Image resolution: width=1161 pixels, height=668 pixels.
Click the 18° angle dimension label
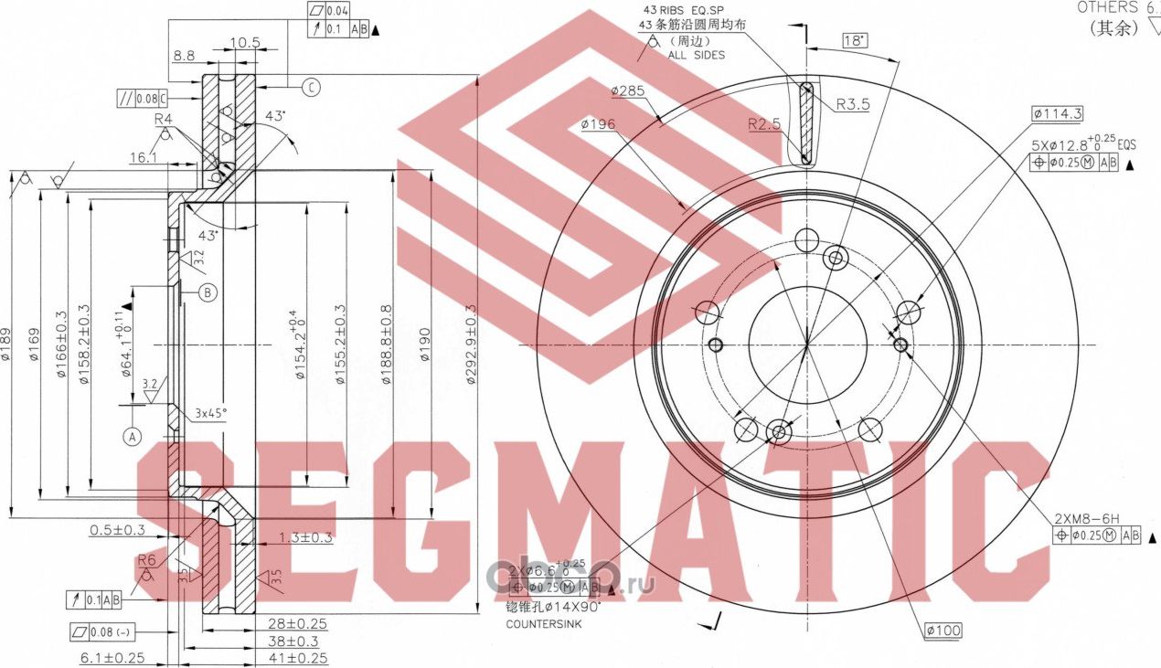(x=853, y=41)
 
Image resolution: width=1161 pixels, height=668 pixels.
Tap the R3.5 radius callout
(x=852, y=104)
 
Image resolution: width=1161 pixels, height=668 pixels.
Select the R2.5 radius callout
(x=763, y=124)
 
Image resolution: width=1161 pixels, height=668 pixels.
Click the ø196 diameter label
(x=597, y=124)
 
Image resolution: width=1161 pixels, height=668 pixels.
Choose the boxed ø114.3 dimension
(x=1057, y=114)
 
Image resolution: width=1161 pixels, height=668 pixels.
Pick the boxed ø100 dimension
(x=943, y=631)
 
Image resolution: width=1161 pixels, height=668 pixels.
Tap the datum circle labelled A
(x=133, y=436)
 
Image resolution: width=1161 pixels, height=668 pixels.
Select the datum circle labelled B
(x=208, y=292)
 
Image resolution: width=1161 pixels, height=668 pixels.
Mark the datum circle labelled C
(x=311, y=88)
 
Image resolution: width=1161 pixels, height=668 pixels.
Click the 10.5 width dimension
(x=245, y=42)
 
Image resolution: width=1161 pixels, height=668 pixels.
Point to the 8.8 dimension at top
(x=183, y=56)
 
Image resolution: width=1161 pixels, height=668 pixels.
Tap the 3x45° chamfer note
(x=210, y=413)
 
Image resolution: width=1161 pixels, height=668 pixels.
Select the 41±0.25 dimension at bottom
(x=299, y=658)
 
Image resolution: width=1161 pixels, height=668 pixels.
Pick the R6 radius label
(x=146, y=560)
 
